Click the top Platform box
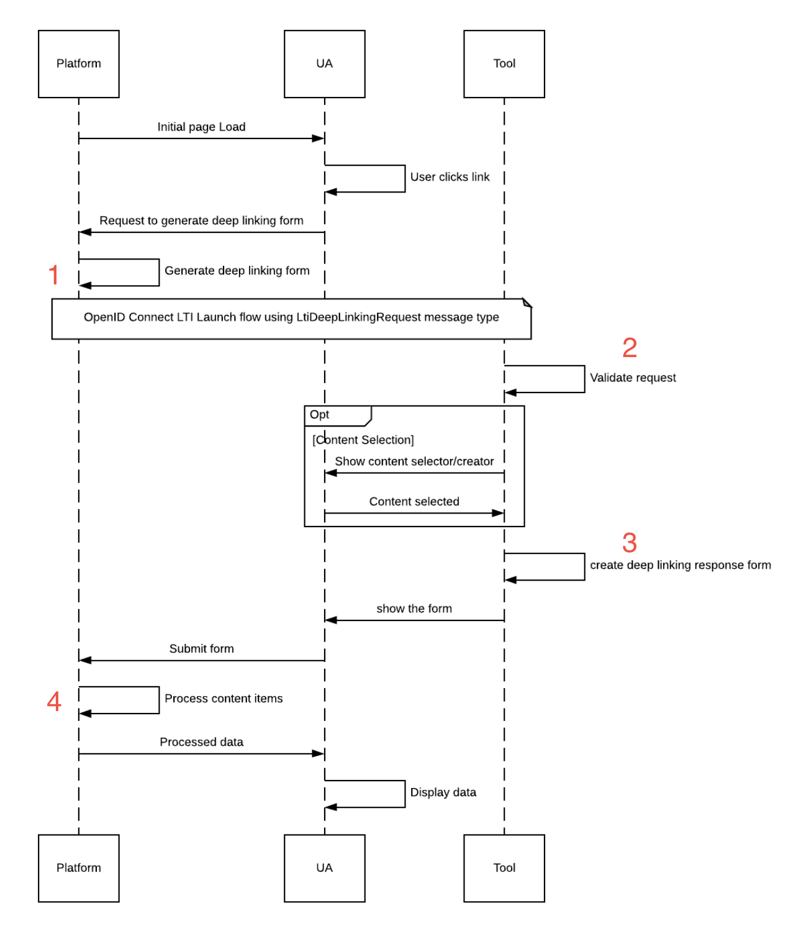79,64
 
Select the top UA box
325,64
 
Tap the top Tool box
504,64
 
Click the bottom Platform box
79,868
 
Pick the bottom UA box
325,868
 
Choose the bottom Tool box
504,868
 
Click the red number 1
53,274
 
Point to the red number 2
630,347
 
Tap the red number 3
630,543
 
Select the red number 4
54,701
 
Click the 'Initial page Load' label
201,127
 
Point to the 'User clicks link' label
450,177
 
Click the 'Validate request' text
633,378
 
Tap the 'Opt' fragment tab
338,415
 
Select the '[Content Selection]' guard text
363,440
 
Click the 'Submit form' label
201,648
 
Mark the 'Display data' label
443,792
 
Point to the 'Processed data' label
201,741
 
